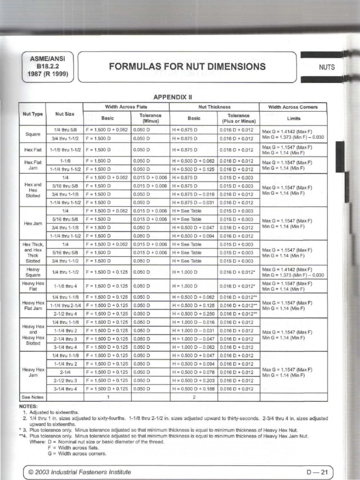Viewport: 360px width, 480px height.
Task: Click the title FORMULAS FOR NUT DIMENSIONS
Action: click(x=187, y=67)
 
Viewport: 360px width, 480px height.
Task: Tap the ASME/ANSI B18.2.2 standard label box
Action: click(x=48, y=67)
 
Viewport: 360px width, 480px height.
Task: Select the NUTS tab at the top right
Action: click(x=327, y=67)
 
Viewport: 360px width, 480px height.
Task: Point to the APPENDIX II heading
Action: click(x=173, y=97)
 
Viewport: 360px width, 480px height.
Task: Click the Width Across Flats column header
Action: click(x=127, y=107)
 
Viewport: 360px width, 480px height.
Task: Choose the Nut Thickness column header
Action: click(x=215, y=107)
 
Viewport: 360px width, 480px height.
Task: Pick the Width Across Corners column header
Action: click(x=293, y=107)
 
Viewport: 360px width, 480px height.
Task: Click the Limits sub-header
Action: click(x=293, y=119)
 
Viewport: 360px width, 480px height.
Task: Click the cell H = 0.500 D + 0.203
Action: click(x=194, y=381)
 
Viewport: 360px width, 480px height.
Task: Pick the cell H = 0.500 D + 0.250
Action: click(x=194, y=314)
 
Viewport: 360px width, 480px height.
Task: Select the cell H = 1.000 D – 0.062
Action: click(x=194, y=347)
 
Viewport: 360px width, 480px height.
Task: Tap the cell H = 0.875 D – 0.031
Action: click(x=194, y=202)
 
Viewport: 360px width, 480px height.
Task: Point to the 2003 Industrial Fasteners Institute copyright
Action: click(x=80, y=472)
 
